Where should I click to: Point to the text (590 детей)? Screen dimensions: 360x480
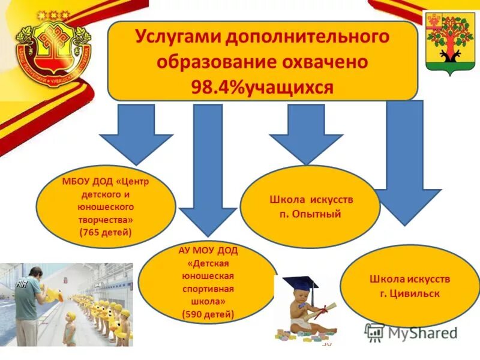(208, 313)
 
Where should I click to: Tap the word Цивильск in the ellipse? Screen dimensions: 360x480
(415, 294)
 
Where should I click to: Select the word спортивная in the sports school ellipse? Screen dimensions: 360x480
(208, 288)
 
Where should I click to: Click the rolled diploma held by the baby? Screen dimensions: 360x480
(327, 310)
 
